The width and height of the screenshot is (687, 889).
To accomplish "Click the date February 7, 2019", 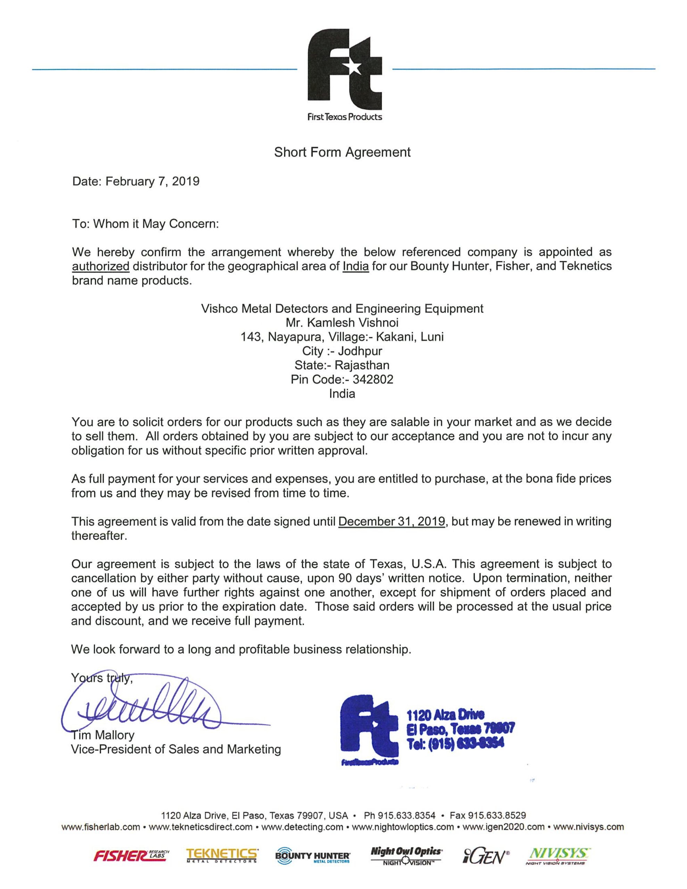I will click(152, 181).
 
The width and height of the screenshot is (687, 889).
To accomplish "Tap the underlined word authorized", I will click(101, 267).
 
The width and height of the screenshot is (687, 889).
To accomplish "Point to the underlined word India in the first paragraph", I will click(356, 267).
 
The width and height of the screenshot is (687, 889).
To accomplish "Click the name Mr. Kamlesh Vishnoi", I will click(342, 323).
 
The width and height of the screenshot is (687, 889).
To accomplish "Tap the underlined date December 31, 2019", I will click(391, 522).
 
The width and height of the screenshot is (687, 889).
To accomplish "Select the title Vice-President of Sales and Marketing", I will click(176, 749).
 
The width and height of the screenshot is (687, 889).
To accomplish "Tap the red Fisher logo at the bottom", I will click(131, 856).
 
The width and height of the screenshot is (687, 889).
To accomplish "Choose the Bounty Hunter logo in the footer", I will click(313, 856).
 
